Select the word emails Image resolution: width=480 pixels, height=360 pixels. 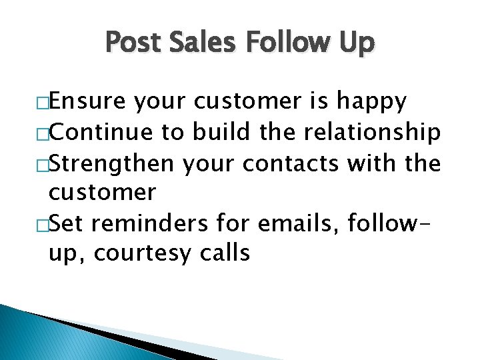pyautogui.click(x=299, y=224)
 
